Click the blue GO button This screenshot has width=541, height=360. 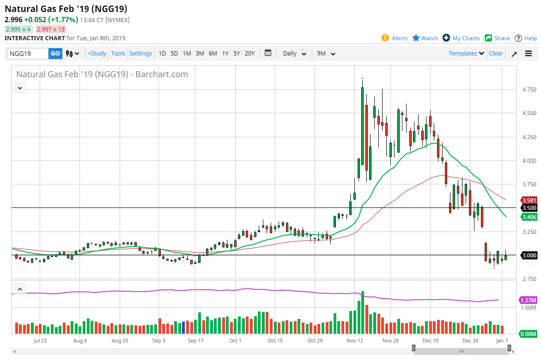point(55,54)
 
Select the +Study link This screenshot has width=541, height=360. point(97,54)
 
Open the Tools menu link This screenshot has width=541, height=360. point(118,54)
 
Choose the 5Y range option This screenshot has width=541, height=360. point(237,54)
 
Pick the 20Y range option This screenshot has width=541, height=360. point(249,54)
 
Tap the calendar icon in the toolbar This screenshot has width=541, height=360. point(268,53)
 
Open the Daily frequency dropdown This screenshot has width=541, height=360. point(294,54)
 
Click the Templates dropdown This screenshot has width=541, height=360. point(467,54)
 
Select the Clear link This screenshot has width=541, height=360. point(496,54)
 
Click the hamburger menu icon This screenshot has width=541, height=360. point(528,54)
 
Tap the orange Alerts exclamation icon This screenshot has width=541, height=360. point(385,38)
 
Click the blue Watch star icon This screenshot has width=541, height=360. point(416,37)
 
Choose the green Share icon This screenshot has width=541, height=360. point(488,38)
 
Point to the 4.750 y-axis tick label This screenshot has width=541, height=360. point(529,89)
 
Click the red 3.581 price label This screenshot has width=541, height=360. point(529,200)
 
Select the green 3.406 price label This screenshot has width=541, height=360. point(529,217)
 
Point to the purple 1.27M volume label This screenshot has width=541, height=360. point(528,300)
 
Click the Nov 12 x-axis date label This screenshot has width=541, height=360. point(355,341)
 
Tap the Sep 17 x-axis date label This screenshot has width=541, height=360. point(195,341)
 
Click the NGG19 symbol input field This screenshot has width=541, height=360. point(28,54)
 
